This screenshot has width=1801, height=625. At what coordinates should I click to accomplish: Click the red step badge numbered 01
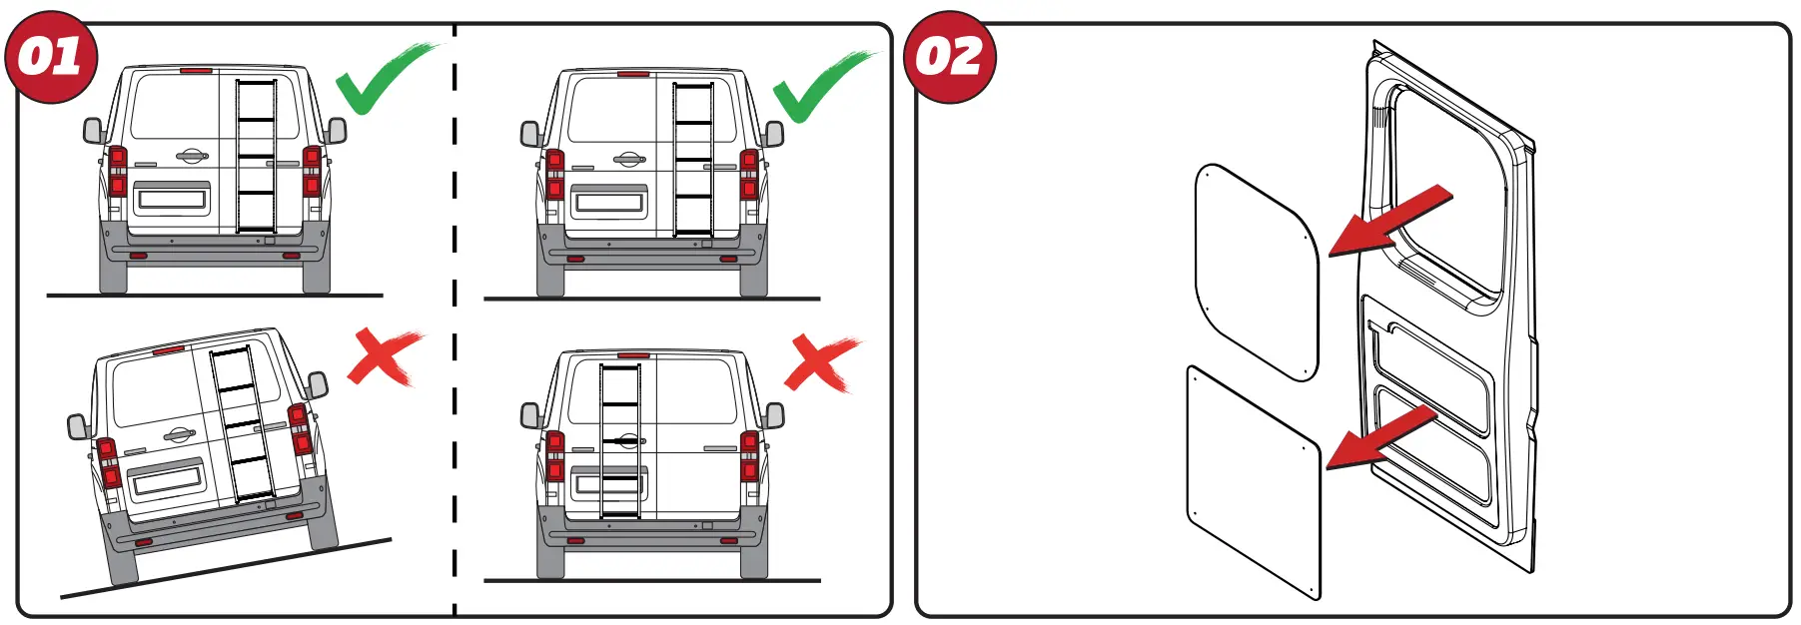[50, 57]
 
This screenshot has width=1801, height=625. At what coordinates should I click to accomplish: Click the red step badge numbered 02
[949, 57]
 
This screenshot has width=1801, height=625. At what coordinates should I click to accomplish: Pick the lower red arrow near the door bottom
[1382, 436]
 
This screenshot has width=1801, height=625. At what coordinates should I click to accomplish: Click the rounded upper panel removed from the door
[1256, 273]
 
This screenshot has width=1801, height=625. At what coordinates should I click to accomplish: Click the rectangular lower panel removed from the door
[1254, 481]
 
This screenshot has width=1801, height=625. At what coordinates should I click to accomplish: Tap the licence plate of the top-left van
[172, 199]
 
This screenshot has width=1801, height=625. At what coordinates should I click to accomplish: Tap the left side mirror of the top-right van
[530, 134]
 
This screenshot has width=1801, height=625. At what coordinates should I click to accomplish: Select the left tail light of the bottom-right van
[555, 456]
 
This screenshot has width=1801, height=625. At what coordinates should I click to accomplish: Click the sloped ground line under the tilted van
[226, 569]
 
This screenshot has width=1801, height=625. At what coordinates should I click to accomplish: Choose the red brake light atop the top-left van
[196, 71]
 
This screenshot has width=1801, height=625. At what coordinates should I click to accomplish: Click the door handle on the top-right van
[628, 159]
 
